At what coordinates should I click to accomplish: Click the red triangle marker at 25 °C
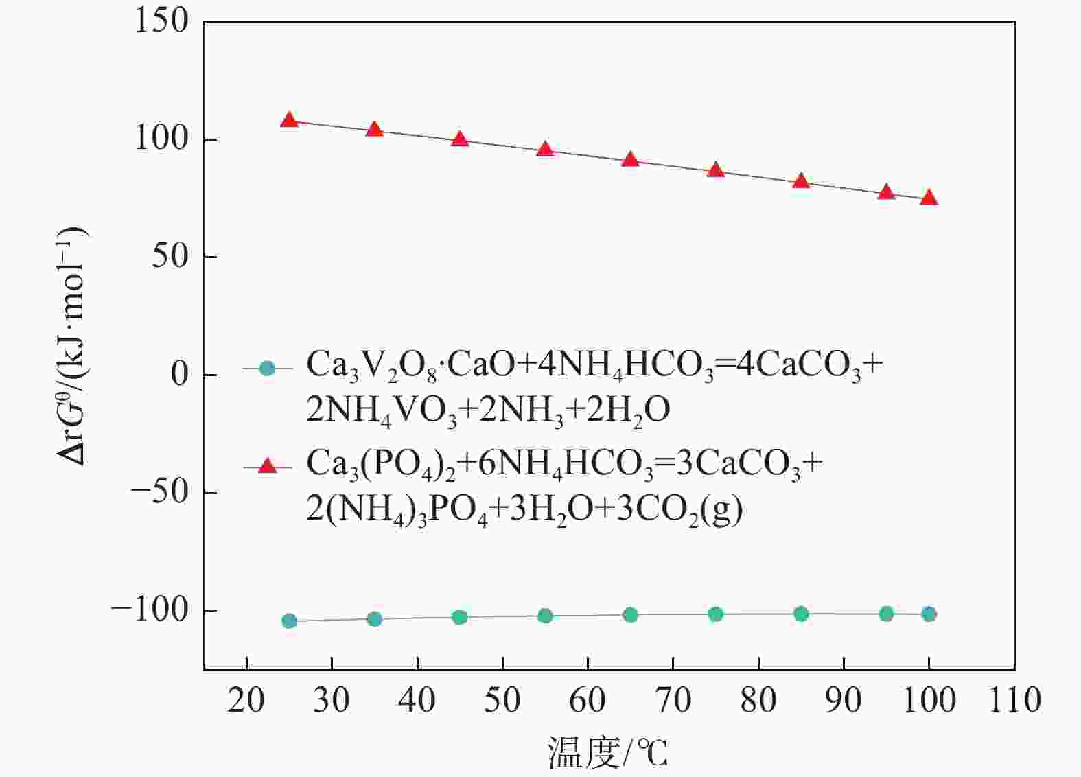[x=289, y=120]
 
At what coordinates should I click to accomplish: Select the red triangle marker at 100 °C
[x=929, y=198]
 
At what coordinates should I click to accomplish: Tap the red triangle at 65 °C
[x=630, y=160]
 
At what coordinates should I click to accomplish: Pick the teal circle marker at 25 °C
[x=289, y=621]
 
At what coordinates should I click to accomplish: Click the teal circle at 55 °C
[x=545, y=616]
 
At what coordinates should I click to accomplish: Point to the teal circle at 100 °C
[x=929, y=614]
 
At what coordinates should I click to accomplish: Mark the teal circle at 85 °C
[x=801, y=614]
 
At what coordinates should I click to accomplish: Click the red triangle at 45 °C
[x=460, y=139]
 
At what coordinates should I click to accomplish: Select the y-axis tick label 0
[x=179, y=375]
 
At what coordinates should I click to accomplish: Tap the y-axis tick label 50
[x=170, y=257]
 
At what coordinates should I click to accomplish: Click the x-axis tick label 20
[x=246, y=701]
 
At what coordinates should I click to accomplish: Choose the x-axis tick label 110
[x=1014, y=701]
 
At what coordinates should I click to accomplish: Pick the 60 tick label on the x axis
[x=588, y=701]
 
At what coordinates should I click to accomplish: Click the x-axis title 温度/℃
[x=607, y=753]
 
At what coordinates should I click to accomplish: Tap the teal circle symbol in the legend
[x=267, y=369]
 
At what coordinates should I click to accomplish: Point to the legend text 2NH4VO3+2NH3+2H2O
[x=488, y=410]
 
